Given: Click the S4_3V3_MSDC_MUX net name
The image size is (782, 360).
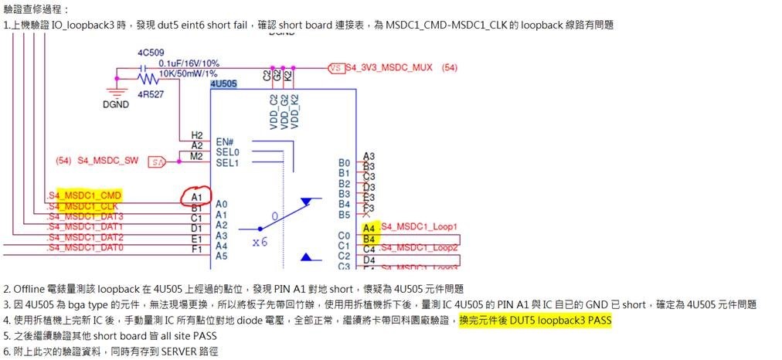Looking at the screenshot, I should click(389, 68).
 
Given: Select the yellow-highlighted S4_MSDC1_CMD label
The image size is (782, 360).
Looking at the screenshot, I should click(84, 195).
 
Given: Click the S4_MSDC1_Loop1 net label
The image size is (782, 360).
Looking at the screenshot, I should click(420, 227).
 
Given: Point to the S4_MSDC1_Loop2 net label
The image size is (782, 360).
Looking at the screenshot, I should click(420, 247).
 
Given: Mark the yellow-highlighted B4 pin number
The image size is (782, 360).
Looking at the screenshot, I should click(369, 239).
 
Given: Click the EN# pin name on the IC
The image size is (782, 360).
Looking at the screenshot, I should click(225, 142).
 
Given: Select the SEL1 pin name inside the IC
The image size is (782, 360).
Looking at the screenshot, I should click(226, 162).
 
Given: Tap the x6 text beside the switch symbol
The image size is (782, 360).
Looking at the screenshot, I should click(260, 242).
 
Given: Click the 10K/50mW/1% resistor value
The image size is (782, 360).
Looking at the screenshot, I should click(189, 73).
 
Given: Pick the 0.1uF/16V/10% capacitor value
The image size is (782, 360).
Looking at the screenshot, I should click(189, 63).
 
